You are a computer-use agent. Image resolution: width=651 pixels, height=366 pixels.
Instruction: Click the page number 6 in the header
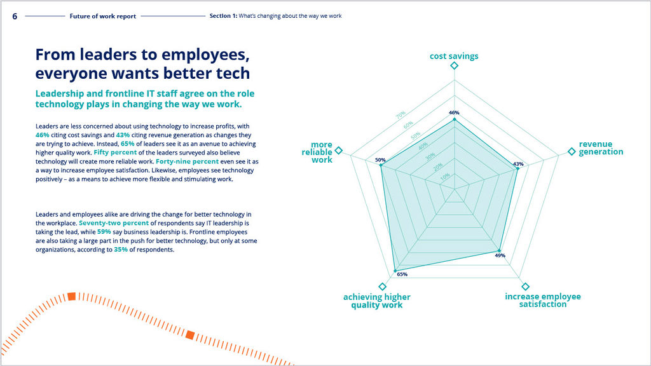(x=15, y=16)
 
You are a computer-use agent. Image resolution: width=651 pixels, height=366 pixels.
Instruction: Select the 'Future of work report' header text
(x=102, y=17)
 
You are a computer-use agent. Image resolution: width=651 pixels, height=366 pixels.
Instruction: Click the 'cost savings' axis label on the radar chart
(x=454, y=56)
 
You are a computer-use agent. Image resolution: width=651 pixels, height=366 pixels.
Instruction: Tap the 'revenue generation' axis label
(x=601, y=148)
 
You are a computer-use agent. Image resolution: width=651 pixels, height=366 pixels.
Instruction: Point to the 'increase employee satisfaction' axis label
(x=542, y=301)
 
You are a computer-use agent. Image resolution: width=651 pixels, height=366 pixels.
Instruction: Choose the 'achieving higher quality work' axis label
(x=377, y=301)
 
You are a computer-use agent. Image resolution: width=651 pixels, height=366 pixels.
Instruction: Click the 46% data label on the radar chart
(x=454, y=112)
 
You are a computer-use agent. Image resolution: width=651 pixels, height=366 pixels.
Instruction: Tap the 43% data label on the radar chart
(x=518, y=164)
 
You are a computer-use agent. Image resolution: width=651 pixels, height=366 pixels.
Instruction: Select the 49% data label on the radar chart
(x=500, y=255)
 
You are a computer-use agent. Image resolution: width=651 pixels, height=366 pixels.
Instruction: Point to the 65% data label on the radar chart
(x=402, y=274)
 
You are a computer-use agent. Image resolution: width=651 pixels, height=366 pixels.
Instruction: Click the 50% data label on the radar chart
(x=380, y=160)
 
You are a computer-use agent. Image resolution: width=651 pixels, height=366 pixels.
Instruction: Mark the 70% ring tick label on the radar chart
(x=401, y=115)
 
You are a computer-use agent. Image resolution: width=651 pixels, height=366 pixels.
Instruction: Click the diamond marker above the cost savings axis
(x=454, y=66)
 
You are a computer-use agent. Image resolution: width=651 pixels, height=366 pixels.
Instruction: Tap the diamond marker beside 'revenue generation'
(x=571, y=151)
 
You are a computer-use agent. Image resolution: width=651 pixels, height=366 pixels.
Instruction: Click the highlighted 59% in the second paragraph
(x=104, y=232)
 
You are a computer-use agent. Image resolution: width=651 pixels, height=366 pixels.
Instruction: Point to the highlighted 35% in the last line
(x=121, y=250)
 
